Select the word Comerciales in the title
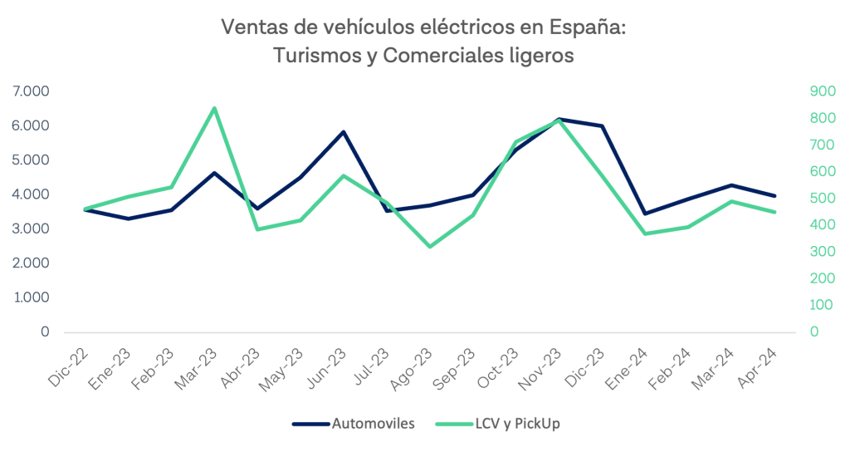click(428, 56)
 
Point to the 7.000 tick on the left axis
click(31, 91)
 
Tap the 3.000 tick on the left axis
click(31, 228)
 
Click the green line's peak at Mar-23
click(214, 108)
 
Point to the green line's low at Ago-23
click(429, 247)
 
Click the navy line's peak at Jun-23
click(343, 132)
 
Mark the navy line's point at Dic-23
click(602, 126)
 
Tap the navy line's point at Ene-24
click(645, 214)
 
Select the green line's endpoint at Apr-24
click(774, 212)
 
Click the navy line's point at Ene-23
click(128, 219)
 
